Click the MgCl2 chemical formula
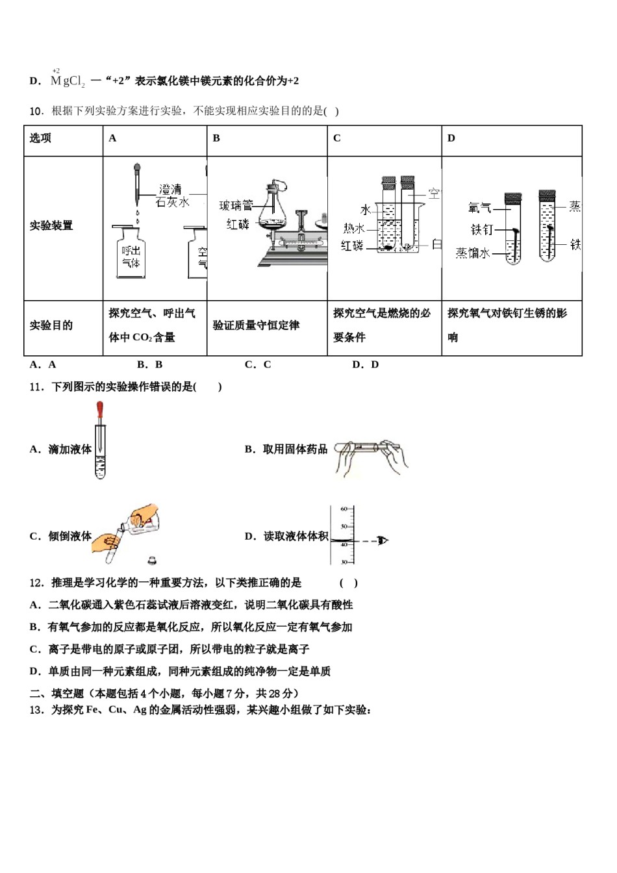point(67,81)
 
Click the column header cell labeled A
point(112,138)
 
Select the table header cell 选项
point(40,138)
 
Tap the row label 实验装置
point(51,226)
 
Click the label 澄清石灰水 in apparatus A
point(173,196)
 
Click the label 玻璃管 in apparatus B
point(236,206)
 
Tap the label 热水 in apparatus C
point(354,228)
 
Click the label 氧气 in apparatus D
point(479,208)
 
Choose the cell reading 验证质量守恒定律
point(257,325)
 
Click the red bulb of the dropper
point(99,411)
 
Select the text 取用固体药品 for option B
point(295,449)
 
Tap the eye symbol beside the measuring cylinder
point(383,540)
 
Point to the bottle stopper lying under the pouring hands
point(151,559)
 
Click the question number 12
point(36,583)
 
